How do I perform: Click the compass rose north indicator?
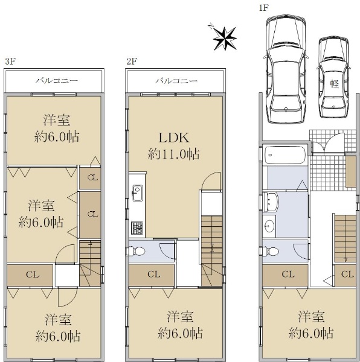tap(225, 39)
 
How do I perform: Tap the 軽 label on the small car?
tap(335, 84)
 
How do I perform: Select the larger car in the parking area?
tap(286, 69)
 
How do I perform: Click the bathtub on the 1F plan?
tap(285, 154)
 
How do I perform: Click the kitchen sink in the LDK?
tap(137, 193)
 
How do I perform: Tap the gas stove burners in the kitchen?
tap(137, 227)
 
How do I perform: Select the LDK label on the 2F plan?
tap(174, 138)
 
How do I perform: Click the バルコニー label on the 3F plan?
tap(57, 81)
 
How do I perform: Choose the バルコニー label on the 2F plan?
tap(176, 81)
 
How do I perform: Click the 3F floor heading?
tap(10, 62)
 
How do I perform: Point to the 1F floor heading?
tap(263, 8)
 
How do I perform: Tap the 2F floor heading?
tap(132, 62)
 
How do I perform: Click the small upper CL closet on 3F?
tap(90, 178)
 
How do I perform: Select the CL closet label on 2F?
tap(154, 275)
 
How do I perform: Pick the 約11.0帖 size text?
tap(174, 154)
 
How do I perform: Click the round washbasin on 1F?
tap(269, 225)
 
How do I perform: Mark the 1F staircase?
tap(346, 238)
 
